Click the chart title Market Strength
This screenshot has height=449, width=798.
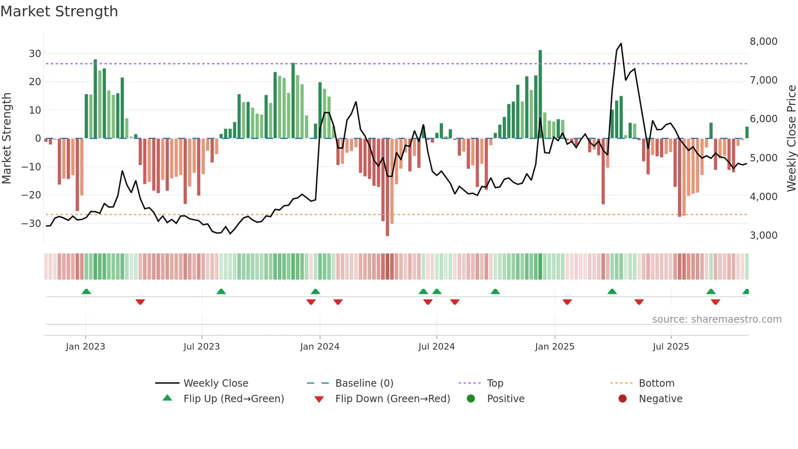[x=59, y=11]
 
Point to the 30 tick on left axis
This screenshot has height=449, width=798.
[x=35, y=54]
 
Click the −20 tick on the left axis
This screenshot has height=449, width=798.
[x=31, y=195]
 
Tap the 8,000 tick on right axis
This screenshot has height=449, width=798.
[x=763, y=42]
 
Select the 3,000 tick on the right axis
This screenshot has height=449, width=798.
[x=763, y=236]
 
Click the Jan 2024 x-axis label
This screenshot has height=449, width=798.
[x=320, y=347]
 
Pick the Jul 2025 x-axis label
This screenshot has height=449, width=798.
[x=671, y=347]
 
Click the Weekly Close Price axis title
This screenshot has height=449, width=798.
[x=791, y=139]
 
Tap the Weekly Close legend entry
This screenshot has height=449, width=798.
[x=215, y=383]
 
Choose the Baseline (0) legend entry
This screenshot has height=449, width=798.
[x=364, y=383]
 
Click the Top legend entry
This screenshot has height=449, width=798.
[x=495, y=383]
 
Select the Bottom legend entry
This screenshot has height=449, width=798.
[x=656, y=383]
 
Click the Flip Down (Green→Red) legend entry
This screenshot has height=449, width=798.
[x=392, y=399]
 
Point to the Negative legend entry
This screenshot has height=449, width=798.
[x=660, y=399]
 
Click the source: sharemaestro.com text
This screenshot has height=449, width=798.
[x=717, y=319]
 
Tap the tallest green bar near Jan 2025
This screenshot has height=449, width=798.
[x=540, y=94]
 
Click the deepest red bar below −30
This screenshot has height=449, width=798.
[x=387, y=187]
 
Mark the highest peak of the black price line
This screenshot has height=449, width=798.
[x=621, y=44]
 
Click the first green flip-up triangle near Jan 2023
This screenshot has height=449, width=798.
[x=86, y=291]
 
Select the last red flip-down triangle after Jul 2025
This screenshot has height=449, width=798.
[x=715, y=302]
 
